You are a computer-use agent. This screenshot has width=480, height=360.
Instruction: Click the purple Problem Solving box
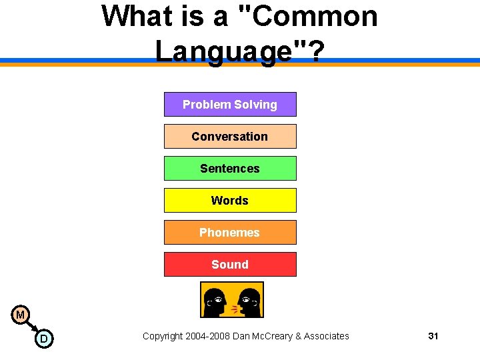[x=230, y=105]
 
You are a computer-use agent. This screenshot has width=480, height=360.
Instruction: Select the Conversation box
[x=230, y=137]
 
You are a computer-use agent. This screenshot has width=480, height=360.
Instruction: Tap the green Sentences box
[x=230, y=169]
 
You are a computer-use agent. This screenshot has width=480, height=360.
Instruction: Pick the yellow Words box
[x=230, y=201]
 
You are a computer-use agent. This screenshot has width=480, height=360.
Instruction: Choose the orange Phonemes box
[x=230, y=233]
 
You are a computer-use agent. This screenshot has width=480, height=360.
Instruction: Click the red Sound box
[x=230, y=265]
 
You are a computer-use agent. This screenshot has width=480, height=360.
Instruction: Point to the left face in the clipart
[x=215, y=301]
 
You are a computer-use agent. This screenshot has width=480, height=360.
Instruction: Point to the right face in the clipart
[x=249, y=301]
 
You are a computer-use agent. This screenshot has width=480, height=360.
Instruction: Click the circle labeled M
[x=21, y=315]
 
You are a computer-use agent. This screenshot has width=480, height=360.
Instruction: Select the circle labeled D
[x=43, y=339]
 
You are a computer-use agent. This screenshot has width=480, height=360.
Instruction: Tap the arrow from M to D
[x=32, y=327]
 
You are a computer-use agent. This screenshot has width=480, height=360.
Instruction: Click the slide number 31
[x=433, y=336]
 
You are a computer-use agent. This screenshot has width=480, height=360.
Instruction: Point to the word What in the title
[x=136, y=16]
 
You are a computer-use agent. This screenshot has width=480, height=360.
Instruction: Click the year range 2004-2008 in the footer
[x=209, y=336]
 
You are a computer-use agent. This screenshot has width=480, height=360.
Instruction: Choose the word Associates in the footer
[x=326, y=336]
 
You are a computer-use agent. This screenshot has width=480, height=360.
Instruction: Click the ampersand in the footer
[x=297, y=336]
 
